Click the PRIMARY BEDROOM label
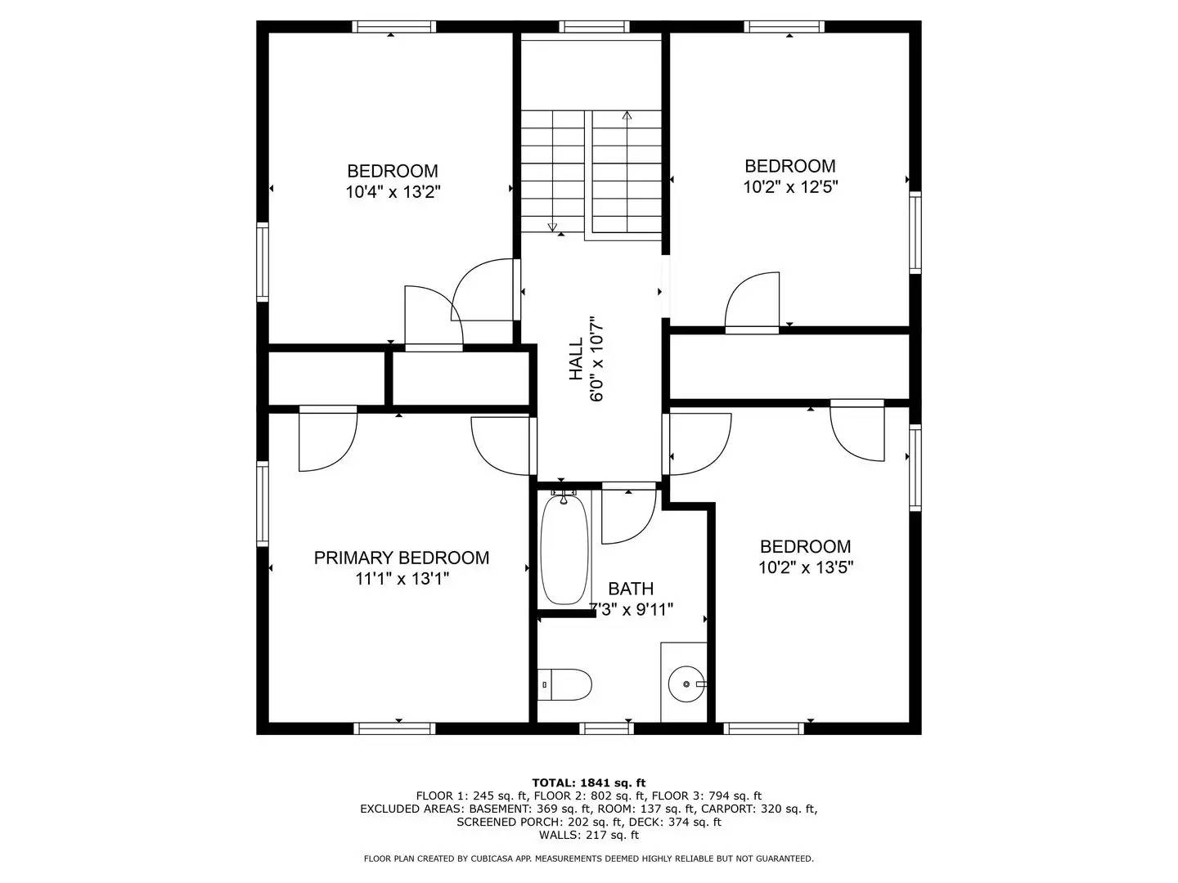[x=402, y=558]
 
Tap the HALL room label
[x=576, y=359]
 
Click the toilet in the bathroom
[x=566, y=684]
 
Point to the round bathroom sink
[x=685, y=684]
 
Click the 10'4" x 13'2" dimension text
[x=393, y=192]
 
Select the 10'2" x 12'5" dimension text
[x=790, y=186]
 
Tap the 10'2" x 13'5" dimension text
[x=806, y=567]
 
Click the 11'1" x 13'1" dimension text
[x=402, y=579]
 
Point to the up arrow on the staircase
[x=627, y=116]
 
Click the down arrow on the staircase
[x=552, y=227]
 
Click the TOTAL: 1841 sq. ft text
[x=588, y=782]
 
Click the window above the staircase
[x=595, y=27]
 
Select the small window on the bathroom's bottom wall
[x=606, y=728]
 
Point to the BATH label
[x=631, y=589]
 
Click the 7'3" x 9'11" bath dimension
[x=632, y=609]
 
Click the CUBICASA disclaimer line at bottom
[x=588, y=858]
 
